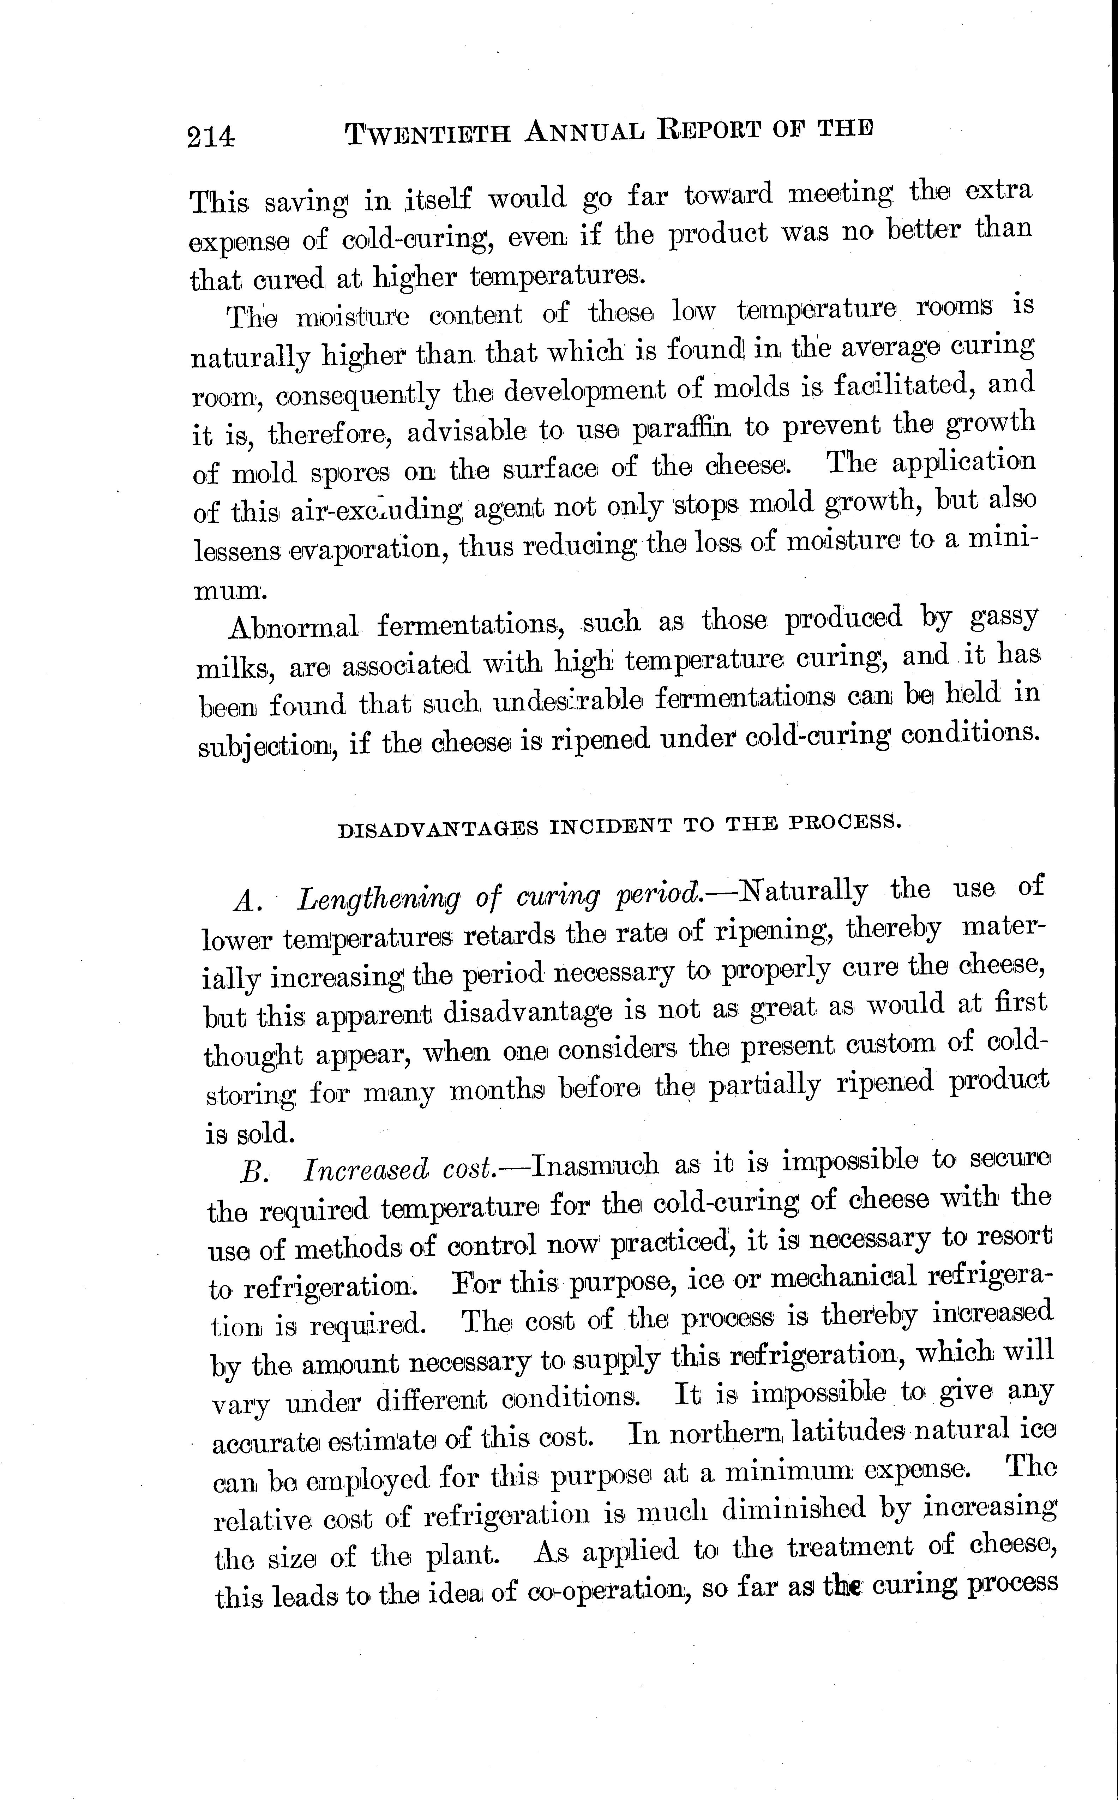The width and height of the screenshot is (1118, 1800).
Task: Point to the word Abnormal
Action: pos(293,627)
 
